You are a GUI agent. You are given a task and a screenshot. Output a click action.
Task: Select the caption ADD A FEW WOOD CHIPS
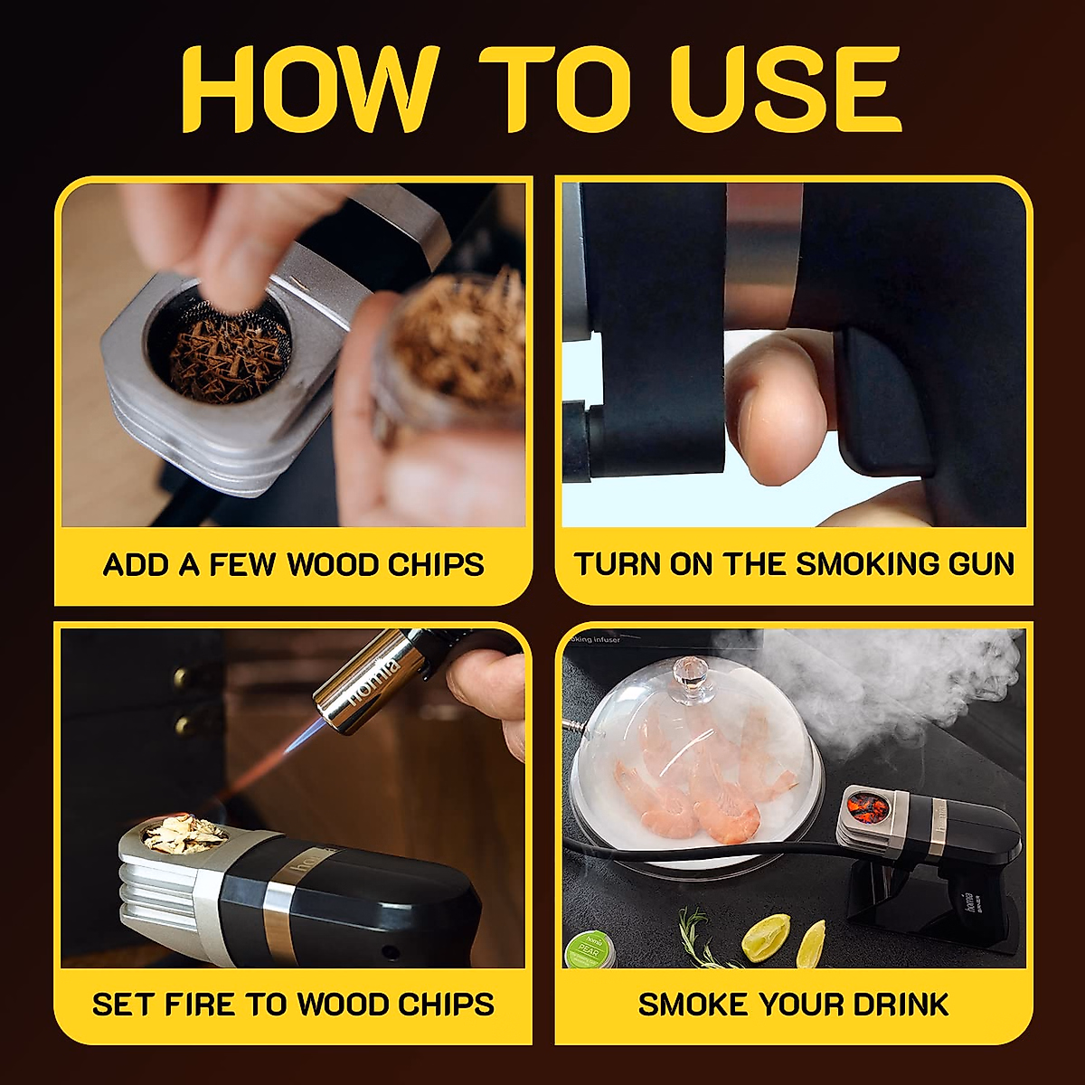293,565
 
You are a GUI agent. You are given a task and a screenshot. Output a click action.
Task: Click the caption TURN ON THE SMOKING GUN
794,564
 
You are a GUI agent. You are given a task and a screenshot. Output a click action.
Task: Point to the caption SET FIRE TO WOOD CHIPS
293,1005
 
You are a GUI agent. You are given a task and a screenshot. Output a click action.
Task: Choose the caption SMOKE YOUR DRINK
793,1005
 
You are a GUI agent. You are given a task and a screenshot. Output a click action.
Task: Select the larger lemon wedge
765,938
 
